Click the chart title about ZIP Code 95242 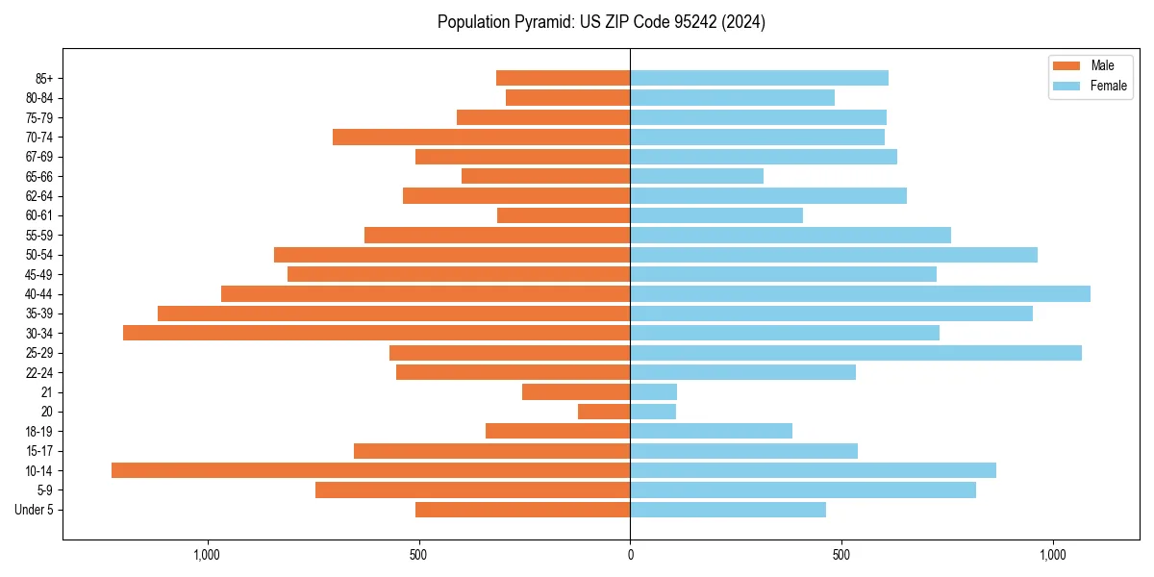coord(601,22)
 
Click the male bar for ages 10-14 coord(370,470)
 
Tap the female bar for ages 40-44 coord(860,293)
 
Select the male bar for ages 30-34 coord(376,333)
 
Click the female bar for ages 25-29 coord(856,353)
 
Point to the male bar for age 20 coord(604,412)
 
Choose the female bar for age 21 coord(653,391)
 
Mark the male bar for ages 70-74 coord(481,137)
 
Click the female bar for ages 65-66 coord(696,176)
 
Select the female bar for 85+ coord(759,78)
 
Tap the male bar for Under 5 coord(522,510)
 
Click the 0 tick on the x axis coord(630,555)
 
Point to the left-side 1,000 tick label coord(207,555)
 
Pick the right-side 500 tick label coord(841,555)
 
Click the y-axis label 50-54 coord(39,255)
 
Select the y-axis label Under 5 coord(34,510)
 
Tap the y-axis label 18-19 coord(39,431)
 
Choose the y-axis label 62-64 coord(39,196)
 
